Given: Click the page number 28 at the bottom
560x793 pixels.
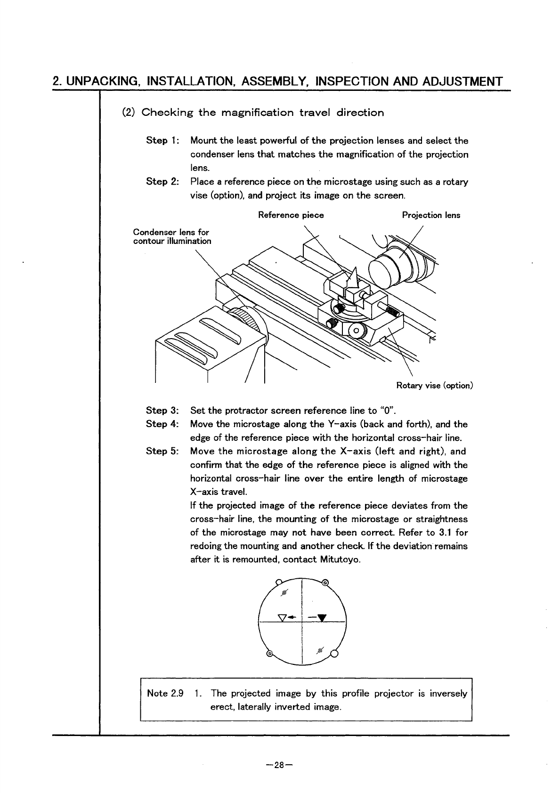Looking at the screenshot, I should tap(279, 765).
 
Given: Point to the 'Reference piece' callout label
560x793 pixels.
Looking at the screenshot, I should tap(291, 215).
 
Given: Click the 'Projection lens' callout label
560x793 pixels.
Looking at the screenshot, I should tap(430, 215).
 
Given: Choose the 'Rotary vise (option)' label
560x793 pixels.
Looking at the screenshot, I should tap(434, 386).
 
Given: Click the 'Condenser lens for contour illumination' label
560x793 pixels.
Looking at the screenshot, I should tap(172, 237).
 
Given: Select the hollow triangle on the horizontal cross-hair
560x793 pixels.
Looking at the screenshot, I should tap(283, 617).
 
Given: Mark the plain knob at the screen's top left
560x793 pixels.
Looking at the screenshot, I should tap(278, 582).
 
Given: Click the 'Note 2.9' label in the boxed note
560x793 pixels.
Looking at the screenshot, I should tap(165, 693).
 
